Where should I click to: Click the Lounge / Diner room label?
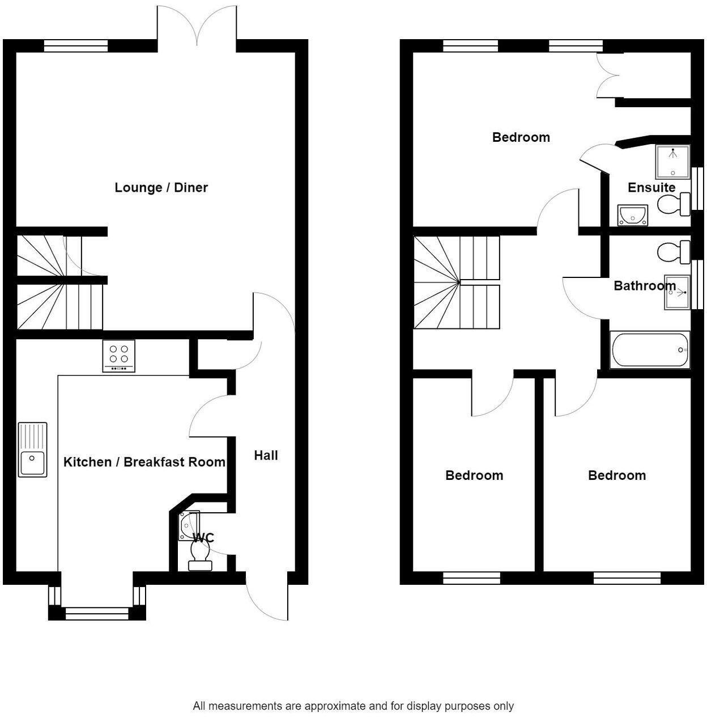pyautogui.click(x=161, y=188)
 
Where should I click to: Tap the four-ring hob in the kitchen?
pyautogui.click(x=119, y=356)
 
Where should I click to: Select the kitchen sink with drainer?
pyautogui.click(x=32, y=449)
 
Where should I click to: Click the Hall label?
pyautogui.click(x=266, y=455)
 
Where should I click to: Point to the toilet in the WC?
pyautogui.click(x=200, y=554)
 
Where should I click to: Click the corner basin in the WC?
pyautogui.click(x=189, y=525)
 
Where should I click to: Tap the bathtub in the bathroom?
pyautogui.click(x=649, y=349)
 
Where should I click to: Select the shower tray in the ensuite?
pyautogui.click(x=672, y=162)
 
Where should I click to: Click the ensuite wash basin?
pyautogui.click(x=632, y=216)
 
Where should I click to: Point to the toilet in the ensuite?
pyautogui.click(x=674, y=204)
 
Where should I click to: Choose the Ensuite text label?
pyautogui.click(x=651, y=188)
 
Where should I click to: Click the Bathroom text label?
pyautogui.click(x=645, y=285)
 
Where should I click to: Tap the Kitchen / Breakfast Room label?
pyautogui.click(x=144, y=462)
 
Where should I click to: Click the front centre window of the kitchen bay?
pyautogui.click(x=97, y=613)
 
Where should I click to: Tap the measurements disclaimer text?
pyautogui.click(x=353, y=706)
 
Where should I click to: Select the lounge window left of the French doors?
pyautogui.click(x=76, y=46)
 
